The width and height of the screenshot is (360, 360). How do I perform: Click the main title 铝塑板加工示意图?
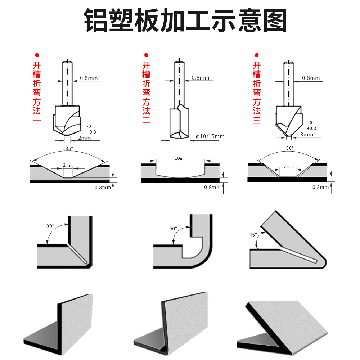click(185, 21)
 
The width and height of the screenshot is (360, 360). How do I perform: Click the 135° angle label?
click(68, 148)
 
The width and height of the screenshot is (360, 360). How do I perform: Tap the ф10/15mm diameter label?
click(210, 136)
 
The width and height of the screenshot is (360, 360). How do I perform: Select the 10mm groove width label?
click(180, 158)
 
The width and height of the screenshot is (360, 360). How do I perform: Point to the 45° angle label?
click(253, 235)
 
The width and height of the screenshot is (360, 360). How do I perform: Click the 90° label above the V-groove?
click(290, 148)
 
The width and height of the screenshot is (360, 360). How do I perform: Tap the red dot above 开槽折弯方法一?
click(36, 55)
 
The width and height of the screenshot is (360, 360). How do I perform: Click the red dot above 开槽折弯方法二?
click(146, 55)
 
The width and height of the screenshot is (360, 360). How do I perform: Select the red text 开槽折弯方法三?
click(256, 93)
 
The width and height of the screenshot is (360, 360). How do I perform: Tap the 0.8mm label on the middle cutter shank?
click(200, 78)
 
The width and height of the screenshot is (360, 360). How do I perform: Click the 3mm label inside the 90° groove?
click(288, 166)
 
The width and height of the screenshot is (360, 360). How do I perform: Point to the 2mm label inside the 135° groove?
click(68, 165)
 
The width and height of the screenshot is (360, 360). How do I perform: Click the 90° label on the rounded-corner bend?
click(173, 229)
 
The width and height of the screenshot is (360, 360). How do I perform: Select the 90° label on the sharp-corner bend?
click(50, 226)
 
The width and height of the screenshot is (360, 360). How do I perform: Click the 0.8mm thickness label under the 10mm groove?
click(212, 187)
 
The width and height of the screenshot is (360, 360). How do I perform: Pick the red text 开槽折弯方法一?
click(37, 93)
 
